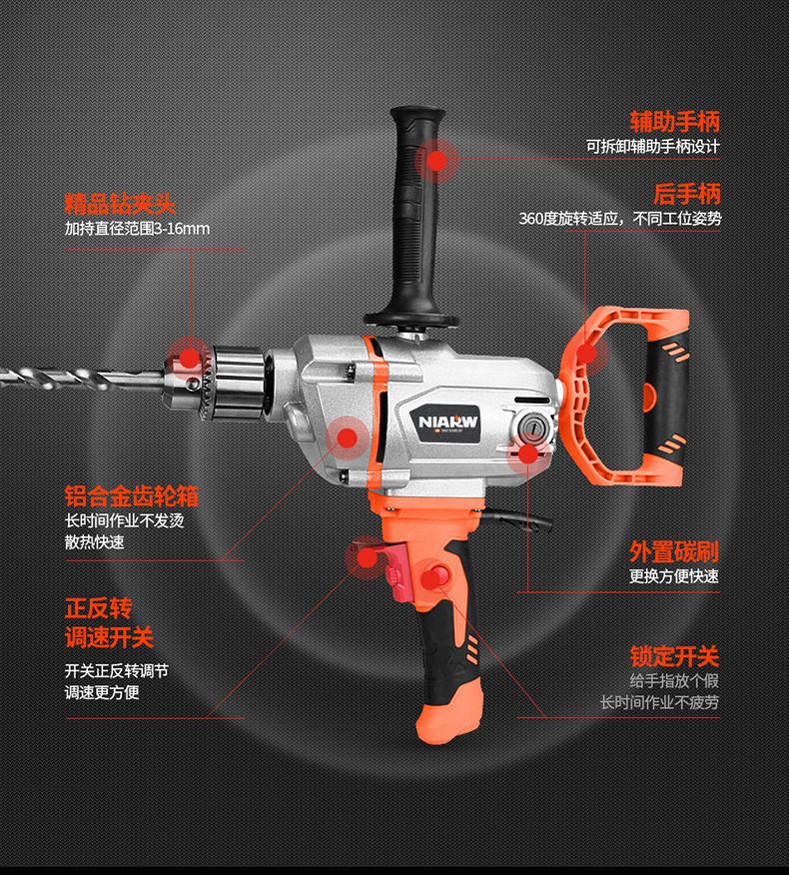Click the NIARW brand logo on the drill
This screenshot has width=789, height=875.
(x=448, y=421)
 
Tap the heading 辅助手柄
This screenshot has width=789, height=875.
(x=674, y=121)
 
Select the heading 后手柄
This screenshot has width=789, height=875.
(x=687, y=194)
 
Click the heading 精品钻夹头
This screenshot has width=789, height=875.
(x=120, y=204)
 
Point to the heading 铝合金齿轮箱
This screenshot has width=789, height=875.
(x=131, y=495)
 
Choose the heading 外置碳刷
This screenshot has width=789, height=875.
(x=674, y=551)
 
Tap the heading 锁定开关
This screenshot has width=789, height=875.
(x=674, y=656)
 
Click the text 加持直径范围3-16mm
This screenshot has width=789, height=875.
(x=137, y=228)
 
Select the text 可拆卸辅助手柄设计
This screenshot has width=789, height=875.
(x=653, y=146)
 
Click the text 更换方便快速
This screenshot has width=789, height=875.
(x=674, y=576)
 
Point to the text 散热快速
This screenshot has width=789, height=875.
(x=94, y=541)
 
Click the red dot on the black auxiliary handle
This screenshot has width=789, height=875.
(x=437, y=161)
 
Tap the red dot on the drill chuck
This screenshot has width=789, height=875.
(x=190, y=359)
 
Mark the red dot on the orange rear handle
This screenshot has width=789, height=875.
(x=585, y=354)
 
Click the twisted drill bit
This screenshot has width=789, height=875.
(x=83, y=379)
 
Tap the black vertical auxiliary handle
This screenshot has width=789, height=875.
(x=414, y=216)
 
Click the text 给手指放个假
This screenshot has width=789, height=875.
(x=674, y=681)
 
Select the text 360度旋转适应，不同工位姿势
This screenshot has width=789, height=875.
(x=620, y=218)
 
